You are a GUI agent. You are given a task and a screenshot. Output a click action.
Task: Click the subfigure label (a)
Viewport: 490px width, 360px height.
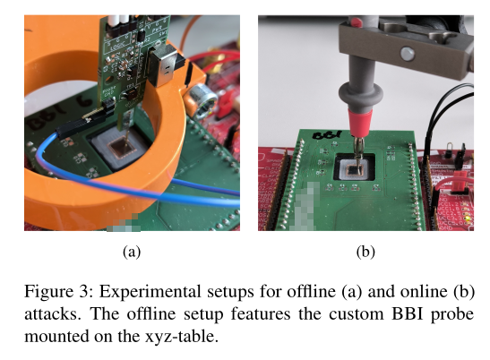click(132, 252)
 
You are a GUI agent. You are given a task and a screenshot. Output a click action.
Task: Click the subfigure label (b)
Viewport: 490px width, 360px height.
click(365, 252)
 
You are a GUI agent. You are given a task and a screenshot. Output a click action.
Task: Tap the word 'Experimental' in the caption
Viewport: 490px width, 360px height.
click(150, 292)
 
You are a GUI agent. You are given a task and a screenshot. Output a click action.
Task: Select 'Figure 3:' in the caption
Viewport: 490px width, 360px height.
click(59, 292)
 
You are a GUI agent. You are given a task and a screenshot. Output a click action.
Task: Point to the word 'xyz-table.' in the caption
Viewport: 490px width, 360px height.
click(182, 337)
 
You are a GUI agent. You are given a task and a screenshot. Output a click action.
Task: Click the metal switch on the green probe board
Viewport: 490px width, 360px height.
click(163, 64)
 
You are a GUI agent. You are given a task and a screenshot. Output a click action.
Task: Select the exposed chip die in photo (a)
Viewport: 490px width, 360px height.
click(121, 148)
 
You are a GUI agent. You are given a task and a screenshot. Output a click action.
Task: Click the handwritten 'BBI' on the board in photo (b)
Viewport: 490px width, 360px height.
click(326, 135)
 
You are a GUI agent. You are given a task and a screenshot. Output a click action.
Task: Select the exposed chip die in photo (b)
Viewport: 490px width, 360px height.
click(354, 169)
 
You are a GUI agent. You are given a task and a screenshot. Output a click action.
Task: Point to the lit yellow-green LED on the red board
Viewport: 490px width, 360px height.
click(468, 218)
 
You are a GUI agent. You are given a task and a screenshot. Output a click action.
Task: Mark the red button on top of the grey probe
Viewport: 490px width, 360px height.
click(356, 21)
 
